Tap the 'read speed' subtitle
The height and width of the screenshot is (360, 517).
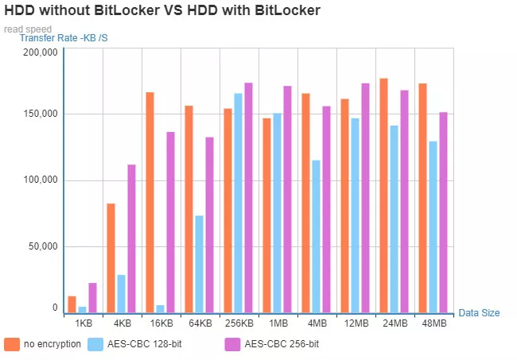pos(28,29)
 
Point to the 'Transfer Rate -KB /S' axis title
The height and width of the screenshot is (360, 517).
pos(64,38)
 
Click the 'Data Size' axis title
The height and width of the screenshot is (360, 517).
pos(479,313)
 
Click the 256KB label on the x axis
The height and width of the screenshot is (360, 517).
pos(239,324)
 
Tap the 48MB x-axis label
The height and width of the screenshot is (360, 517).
pos(433,324)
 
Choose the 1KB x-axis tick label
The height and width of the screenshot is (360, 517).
pos(83,324)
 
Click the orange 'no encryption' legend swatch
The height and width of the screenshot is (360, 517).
pos(12,344)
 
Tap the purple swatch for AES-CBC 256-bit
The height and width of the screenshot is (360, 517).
pos(232,344)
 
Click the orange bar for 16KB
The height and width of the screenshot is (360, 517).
pos(150,203)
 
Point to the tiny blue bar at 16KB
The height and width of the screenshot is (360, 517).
pos(160,309)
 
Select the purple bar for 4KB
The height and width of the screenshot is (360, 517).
pos(131,238)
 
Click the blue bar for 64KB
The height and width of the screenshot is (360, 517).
pos(199,264)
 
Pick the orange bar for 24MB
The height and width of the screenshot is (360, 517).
pos(384,195)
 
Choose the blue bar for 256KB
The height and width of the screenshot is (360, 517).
pos(238,203)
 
